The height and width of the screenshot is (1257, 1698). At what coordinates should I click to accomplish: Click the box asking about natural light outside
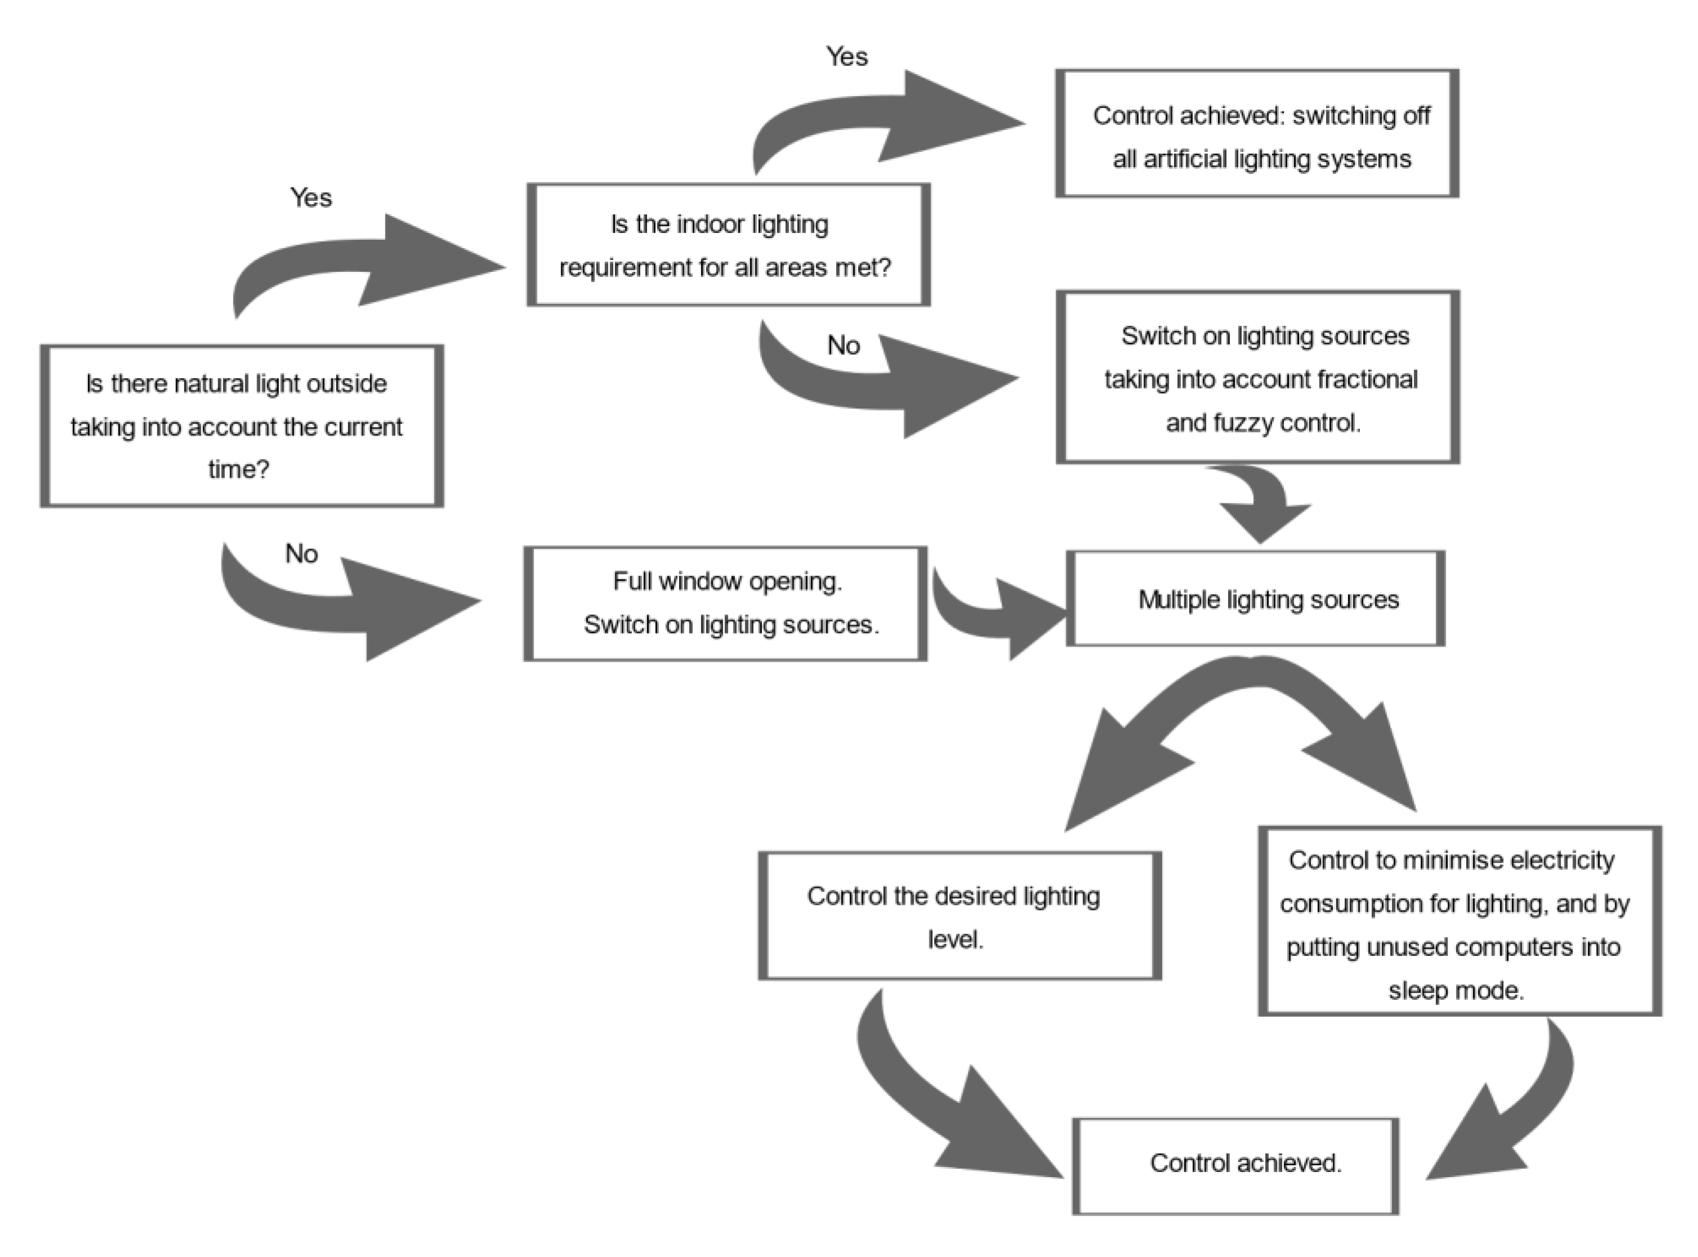[241, 426]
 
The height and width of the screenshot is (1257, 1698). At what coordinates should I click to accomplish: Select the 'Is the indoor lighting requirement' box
[728, 245]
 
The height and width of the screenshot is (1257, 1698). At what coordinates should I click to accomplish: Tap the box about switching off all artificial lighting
[1257, 134]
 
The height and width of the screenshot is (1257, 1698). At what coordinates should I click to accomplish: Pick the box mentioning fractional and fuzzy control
[1257, 378]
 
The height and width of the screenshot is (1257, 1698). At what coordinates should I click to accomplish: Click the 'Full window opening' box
[725, 603]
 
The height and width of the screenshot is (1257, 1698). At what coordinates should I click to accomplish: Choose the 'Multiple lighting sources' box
[1255, 599]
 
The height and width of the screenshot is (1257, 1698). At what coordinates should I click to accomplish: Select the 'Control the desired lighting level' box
[959, 916]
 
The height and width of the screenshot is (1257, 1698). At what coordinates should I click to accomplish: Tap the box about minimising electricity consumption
[1459, 922]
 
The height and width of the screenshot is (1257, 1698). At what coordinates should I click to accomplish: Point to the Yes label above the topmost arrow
[847, 57]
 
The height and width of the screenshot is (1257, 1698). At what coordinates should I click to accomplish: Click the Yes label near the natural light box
[311, 198]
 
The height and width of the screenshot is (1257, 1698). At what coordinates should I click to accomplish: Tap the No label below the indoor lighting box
[843, 345]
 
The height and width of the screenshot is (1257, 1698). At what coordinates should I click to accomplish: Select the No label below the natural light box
[301, 553]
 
